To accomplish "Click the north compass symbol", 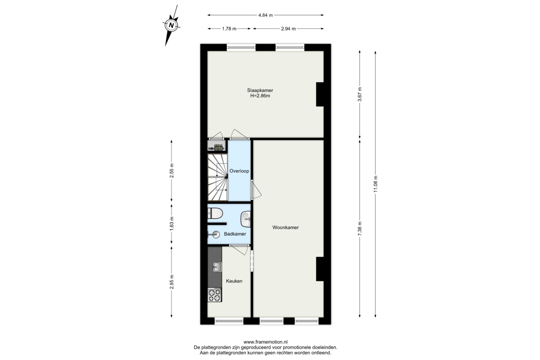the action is click(x=171, y=25).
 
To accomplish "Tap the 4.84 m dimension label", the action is click(x=265, y=15).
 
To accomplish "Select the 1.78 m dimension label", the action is click(x=229, y=29).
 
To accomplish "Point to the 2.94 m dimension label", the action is click(x=288, y=29).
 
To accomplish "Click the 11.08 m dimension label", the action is click(x=375, y=184).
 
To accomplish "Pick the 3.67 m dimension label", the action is click(x=360, y=94).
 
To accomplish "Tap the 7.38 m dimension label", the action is click(x=360, y=229).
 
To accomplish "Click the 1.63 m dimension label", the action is click(x=171, y=224).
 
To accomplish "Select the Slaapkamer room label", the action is click(x=260, y=90).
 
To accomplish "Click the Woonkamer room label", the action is click(x=285, y=227).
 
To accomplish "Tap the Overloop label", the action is click(x=239, y=171).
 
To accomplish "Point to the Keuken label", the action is click(x=234, y=281).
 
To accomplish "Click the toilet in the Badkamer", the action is click(x=215, y=213).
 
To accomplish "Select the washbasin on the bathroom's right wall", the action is click(x=246, y=219).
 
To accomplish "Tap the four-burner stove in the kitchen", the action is click(x=215, y=295).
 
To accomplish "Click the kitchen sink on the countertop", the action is click(x=217, y=267).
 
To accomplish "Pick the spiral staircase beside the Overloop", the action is click(x=218, y=177).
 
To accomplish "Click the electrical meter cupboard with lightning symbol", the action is click(x=217, y=146).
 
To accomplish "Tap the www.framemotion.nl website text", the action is click(x=265, y=342).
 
